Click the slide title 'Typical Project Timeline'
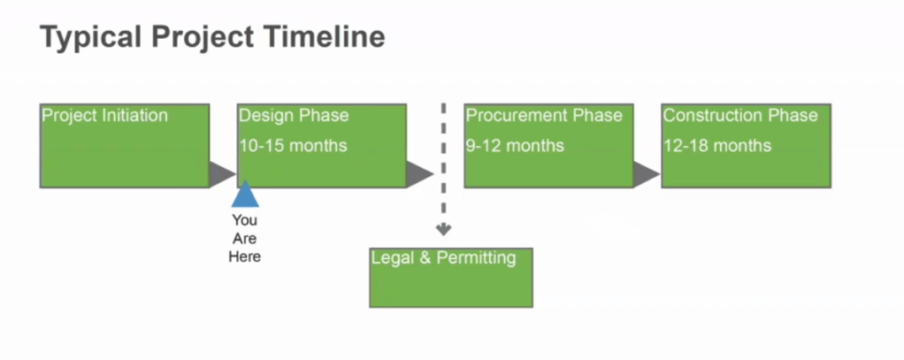[212, 37]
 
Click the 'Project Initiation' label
[104, 116]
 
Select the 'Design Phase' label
[294, 116]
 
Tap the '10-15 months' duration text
[293, 145]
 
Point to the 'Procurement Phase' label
[544, 116]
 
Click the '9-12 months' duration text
[515, 145]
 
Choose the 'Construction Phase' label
[740, 116]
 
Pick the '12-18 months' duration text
[717, 145]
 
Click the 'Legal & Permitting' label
[443, 258]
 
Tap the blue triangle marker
[245, 195]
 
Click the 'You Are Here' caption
[245, 238]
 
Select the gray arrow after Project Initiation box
[222, 174]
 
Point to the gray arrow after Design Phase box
[419, 174]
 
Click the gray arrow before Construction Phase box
[647, 174]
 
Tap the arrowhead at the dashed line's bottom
[444, 230]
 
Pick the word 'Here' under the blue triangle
[245, 257]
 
